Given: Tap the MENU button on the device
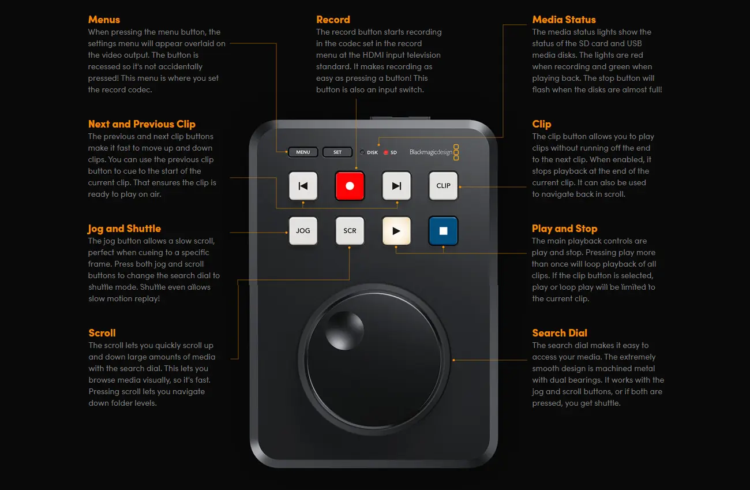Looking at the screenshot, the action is (303, 152).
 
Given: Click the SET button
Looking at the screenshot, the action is (337, 152).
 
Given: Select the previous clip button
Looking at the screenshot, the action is (303, 186).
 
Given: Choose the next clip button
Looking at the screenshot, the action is (396, 186).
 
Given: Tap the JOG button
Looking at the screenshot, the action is (303, 231).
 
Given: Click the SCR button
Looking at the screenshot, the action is (350, 231).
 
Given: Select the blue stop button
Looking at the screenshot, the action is (443, 231).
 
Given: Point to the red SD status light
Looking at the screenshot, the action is (386, 152).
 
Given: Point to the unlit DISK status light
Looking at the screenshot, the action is (362, 152).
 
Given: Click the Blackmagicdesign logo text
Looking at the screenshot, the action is (431, 152).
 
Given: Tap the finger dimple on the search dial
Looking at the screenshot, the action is (345, 331).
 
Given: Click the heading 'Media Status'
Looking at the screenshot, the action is (564, 20).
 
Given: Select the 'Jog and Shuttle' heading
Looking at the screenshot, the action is (124, 229).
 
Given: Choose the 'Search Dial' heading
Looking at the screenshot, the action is (560, 333).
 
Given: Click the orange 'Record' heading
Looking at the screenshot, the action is (333, 20).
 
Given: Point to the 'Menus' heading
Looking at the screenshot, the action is (104, 20).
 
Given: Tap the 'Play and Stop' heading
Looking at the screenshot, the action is (564, 229).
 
